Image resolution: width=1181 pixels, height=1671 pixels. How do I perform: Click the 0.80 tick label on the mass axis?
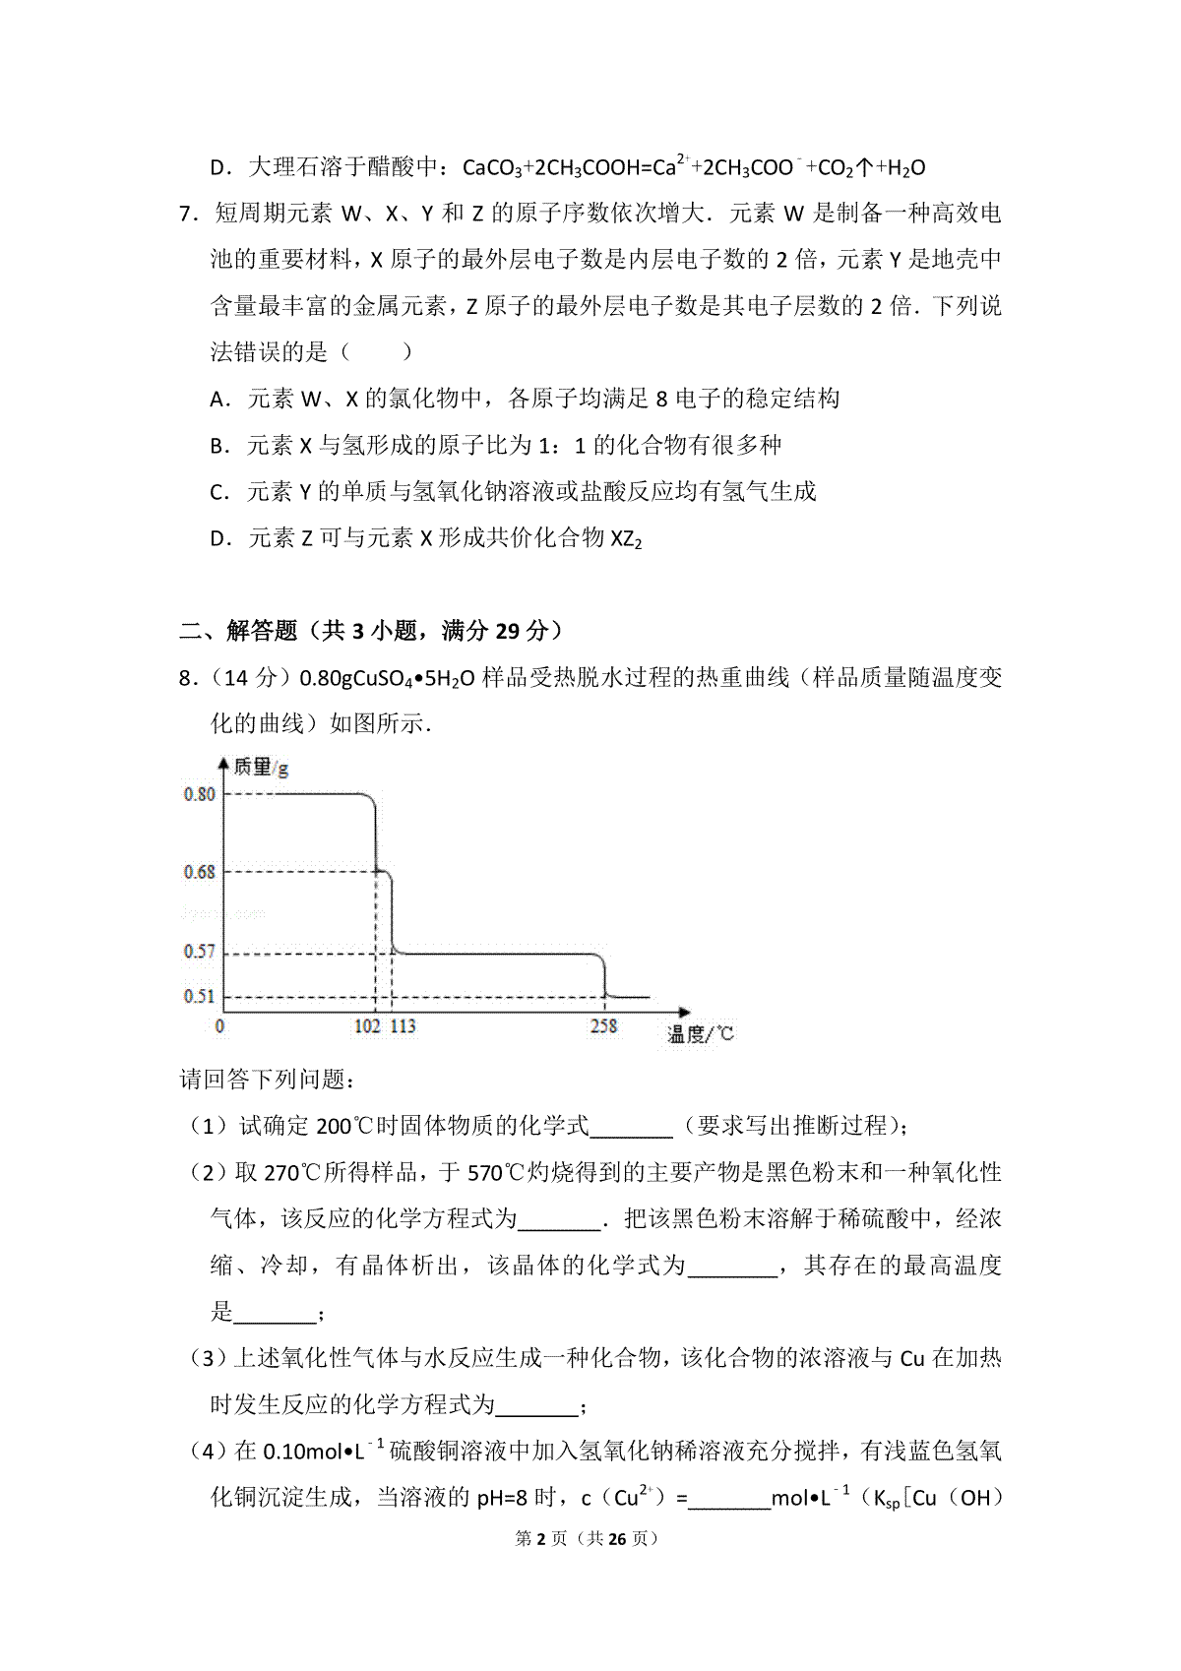(x=199, y=794)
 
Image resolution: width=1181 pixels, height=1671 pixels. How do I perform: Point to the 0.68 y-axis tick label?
(x=199, y=872)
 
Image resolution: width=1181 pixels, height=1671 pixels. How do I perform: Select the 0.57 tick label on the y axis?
(x=199, y=952)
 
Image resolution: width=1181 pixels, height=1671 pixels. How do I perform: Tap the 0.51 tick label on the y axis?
(x=199, y=996)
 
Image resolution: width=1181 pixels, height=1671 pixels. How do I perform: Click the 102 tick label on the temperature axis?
(x=367, y=1026)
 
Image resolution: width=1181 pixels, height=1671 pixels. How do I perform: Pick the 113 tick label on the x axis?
(x=403, y=1026)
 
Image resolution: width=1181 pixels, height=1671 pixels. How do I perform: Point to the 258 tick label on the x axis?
(x=603, y=1026)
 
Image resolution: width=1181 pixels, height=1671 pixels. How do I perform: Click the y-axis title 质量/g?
(x=261, y=767)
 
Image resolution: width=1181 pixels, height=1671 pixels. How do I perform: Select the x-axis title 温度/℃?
(x=700, y=1033)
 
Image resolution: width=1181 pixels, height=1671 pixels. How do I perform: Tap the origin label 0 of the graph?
(x=219, y=1026)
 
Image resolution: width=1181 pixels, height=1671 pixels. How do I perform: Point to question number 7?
(x=188, y=214)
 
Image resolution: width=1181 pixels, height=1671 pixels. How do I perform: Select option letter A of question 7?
(x=218, y=400)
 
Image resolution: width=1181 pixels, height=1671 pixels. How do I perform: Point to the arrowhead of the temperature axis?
(x=685, y=1011)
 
